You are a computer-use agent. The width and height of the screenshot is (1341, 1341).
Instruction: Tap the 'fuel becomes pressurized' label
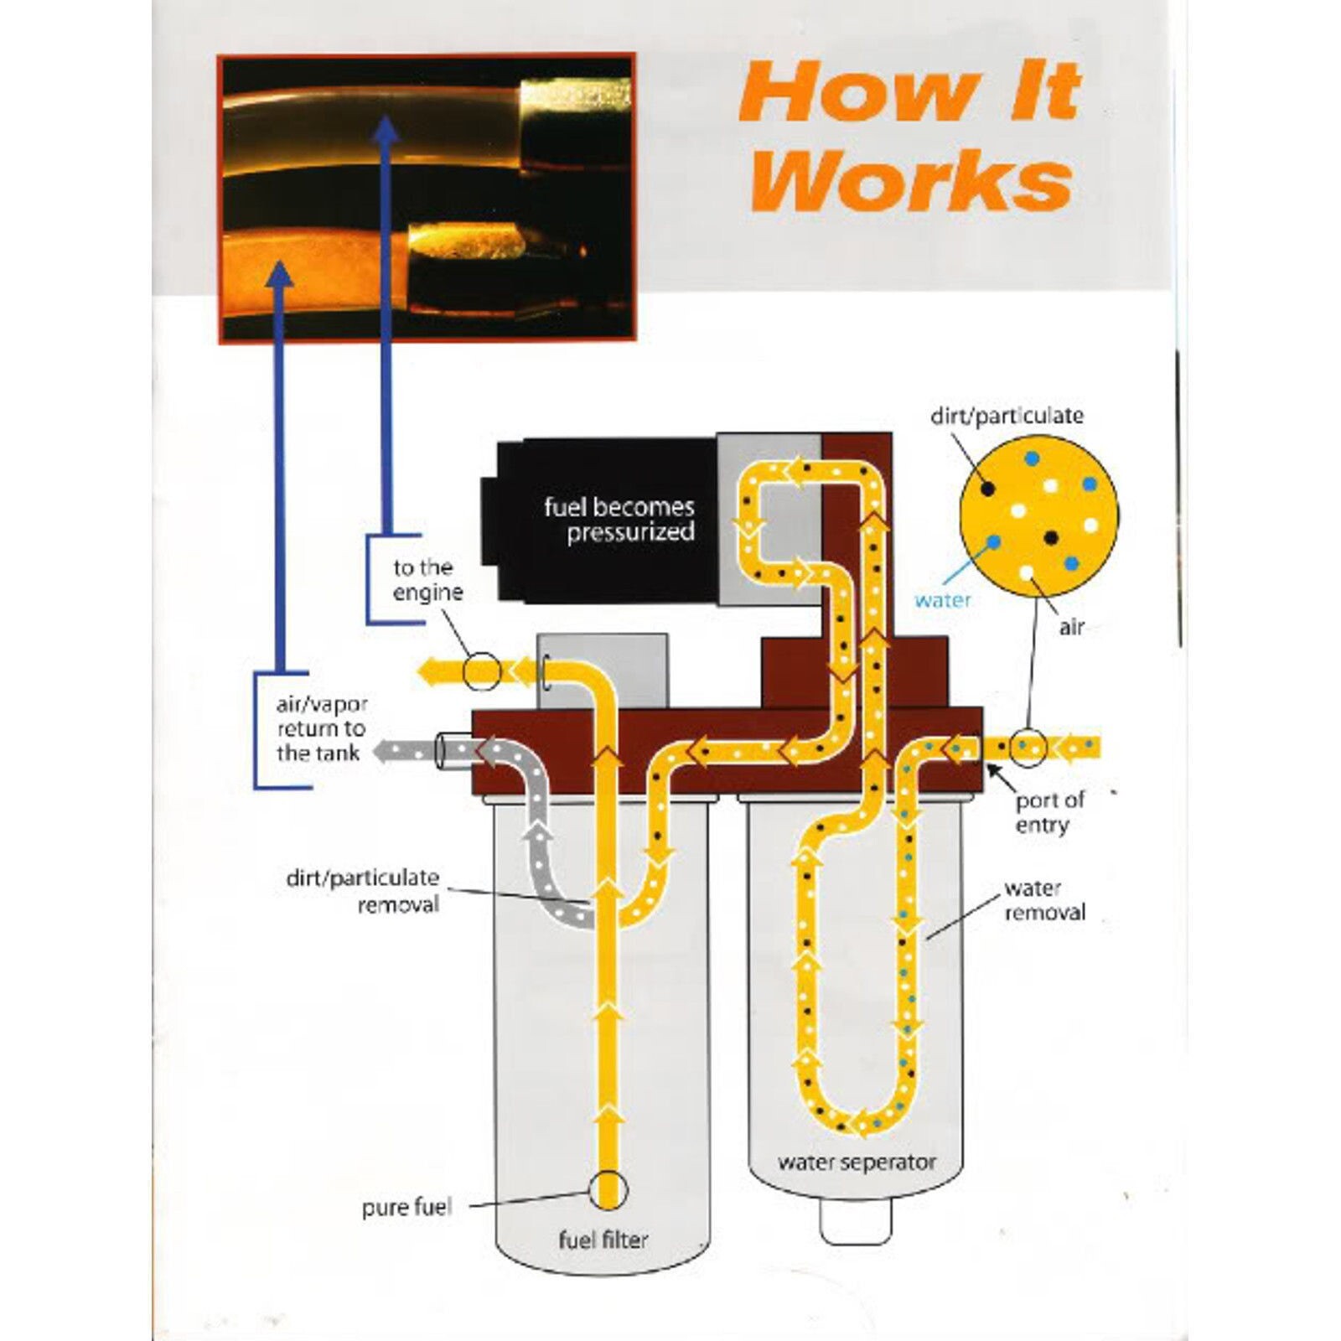coord(619,520)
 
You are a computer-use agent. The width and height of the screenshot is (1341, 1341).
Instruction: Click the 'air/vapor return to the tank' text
coord(321,728)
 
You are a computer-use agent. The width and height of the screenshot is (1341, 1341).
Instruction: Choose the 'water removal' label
coord(1043,900)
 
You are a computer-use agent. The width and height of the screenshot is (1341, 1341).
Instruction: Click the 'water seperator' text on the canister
coord(856,1162)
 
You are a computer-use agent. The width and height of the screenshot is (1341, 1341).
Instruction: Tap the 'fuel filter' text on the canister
coord(603,1239)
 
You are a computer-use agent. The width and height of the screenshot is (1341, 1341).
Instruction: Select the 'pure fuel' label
coord(406,1208)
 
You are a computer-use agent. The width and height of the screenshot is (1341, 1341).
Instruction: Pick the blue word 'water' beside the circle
coord(943,600)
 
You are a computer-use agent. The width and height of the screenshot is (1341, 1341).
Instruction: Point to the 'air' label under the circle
coord(1071,626)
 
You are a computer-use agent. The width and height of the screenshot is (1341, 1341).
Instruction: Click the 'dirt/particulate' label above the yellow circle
coord(1007,416)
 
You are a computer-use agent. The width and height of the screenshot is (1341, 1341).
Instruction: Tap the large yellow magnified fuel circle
coord(1038,515)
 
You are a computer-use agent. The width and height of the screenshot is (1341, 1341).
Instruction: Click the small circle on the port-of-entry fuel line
coord(1028,746)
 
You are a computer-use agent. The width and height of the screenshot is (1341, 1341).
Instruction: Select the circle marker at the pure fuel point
coord(608,1189)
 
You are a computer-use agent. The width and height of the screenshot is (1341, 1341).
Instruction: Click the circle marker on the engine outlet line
coord(482,671)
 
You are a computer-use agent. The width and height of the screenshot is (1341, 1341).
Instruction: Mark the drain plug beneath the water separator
coord(855,1223)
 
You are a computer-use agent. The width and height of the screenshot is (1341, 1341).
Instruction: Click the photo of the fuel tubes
coord(426,198)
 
